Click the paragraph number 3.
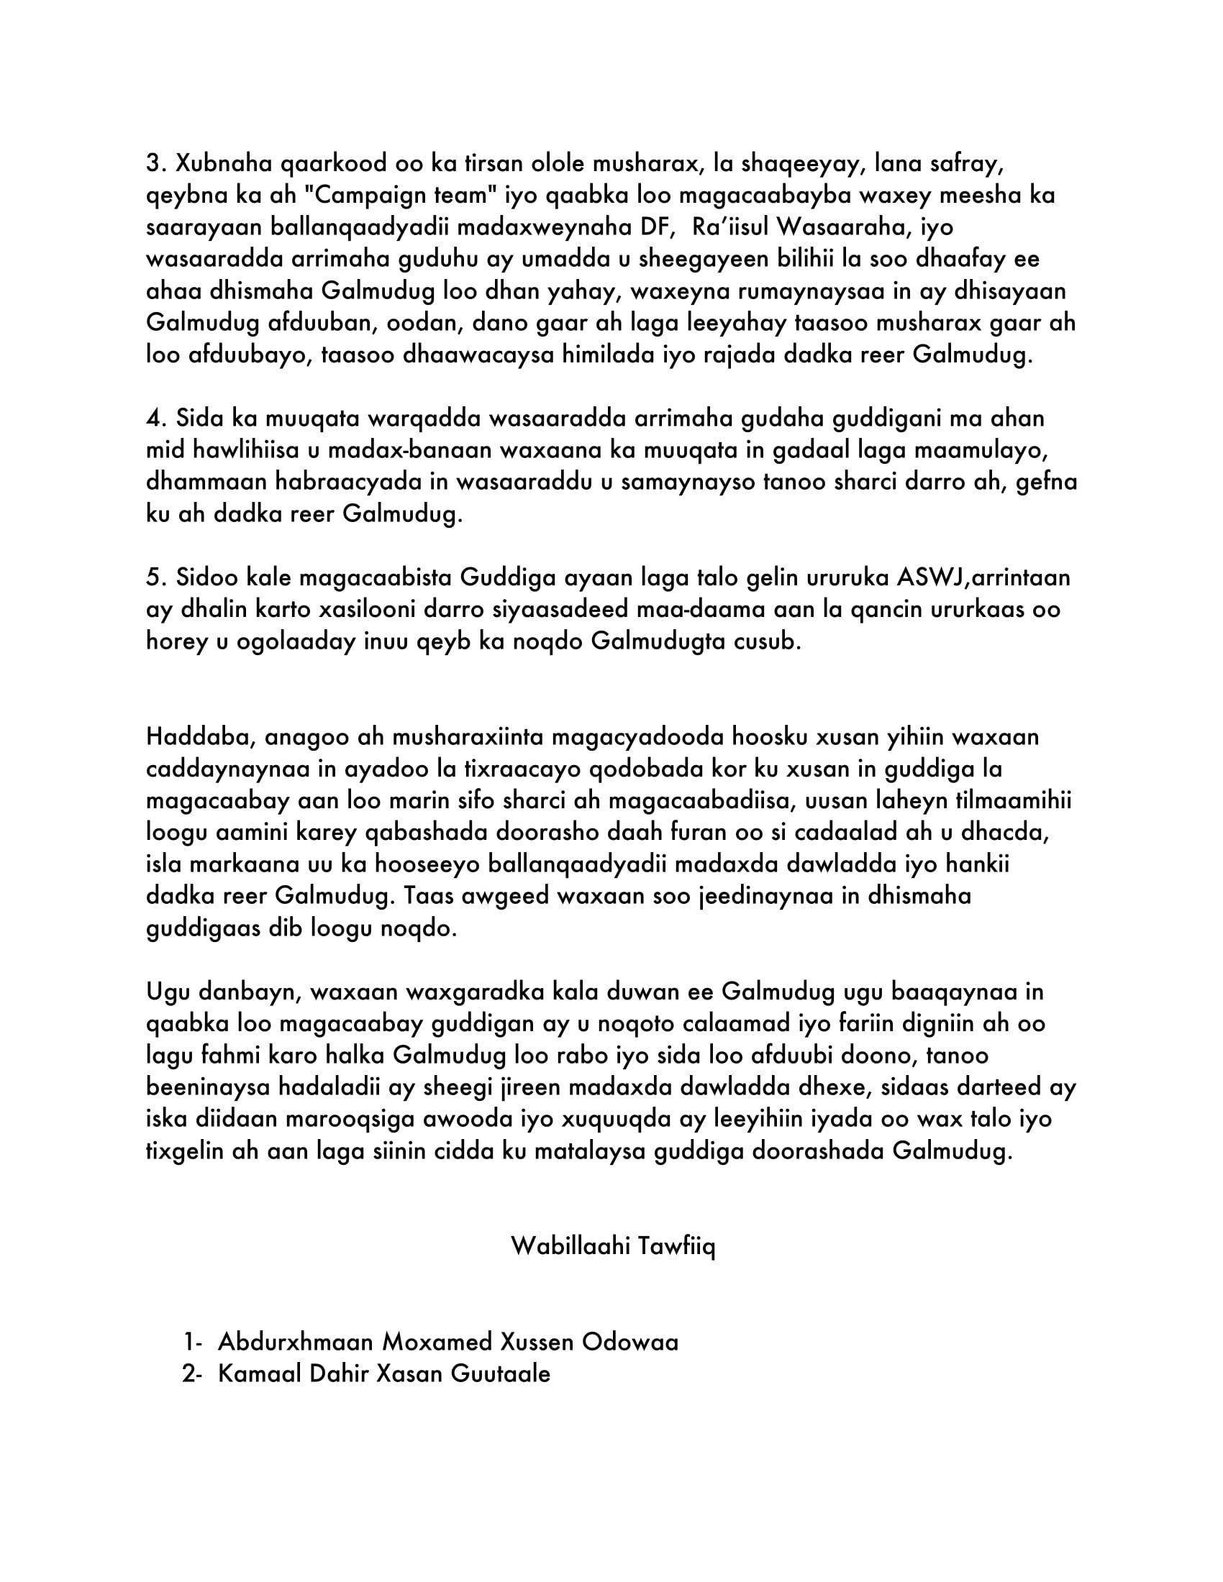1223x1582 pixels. coord(154,164)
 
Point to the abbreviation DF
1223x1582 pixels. coord(657,227)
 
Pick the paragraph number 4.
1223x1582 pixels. coord(155,419)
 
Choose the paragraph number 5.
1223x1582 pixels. coord(154,578)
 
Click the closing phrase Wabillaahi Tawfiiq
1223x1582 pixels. coord(612,1247)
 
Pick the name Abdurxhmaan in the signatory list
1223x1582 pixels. coord(295,1343)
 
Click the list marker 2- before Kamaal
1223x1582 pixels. coord(192,1374)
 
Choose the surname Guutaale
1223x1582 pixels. coord(500,1374)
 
